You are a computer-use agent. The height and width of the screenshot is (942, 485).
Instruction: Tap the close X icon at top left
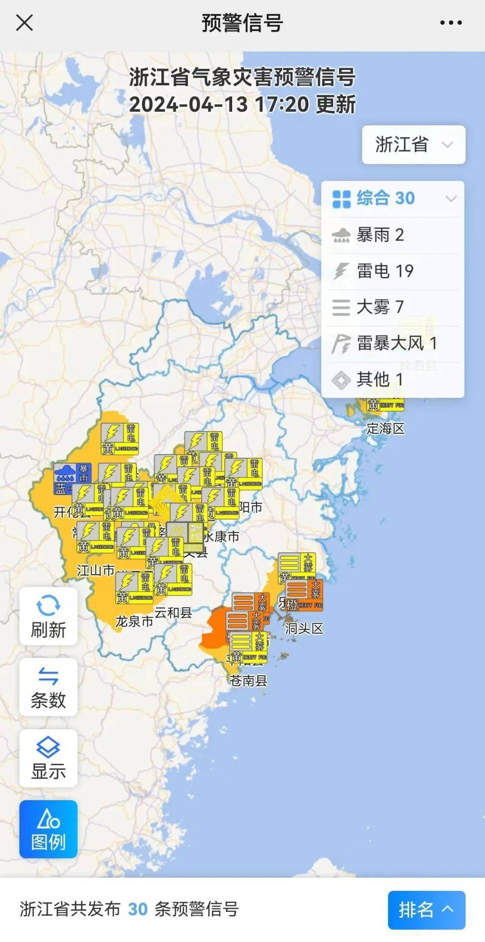[24, 22]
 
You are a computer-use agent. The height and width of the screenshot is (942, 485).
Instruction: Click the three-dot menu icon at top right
[450, 22]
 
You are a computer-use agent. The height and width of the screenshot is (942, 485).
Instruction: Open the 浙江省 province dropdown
[413, 145]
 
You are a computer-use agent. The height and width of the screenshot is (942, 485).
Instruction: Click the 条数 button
[48, 687]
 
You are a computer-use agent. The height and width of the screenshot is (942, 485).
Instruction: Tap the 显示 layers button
[48, 758]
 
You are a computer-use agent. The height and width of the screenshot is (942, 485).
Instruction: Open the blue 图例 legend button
[48, 829]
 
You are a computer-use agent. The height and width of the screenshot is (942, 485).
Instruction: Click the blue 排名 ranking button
[426, 910]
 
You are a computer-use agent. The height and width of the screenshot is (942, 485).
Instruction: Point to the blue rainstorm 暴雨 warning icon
[72, 479]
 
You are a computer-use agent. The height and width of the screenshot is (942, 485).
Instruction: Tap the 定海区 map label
[385, 428]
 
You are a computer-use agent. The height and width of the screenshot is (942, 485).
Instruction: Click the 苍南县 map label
[248, 681]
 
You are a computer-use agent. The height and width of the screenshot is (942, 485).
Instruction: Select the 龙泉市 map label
[134, 621]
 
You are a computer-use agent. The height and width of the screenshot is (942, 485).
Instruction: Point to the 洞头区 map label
[304, 628]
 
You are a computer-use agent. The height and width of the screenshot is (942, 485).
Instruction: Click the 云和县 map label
[173, 612]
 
